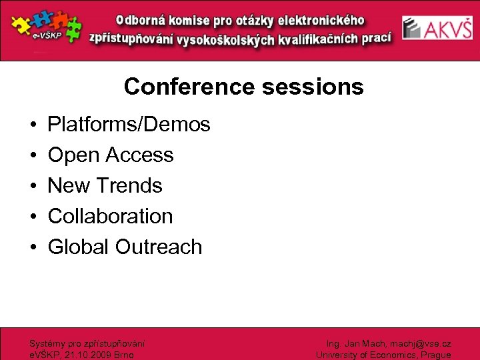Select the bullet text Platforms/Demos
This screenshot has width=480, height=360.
click(x=129, y=124)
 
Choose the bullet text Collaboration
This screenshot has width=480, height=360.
click(x=110, y=216)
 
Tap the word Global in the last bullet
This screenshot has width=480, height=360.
click(x=78, y=247)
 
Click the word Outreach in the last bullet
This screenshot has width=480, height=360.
click(x=158, y=247)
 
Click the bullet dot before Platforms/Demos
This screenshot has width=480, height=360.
click(x=33, y=125)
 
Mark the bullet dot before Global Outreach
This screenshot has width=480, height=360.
click(x=33, y=247)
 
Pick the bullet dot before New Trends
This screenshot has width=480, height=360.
click(x=33, y=186)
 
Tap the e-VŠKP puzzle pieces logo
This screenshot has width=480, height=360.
click(x=45, y=28)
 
